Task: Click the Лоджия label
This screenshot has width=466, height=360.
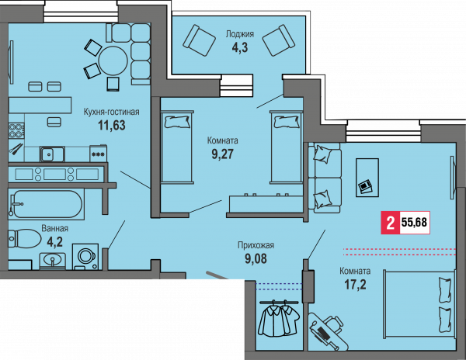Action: click(x=239, y=34)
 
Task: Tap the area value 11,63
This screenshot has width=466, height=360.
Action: click(x=112, y=125)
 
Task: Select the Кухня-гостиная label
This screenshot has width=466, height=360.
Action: click(x=111, y=112)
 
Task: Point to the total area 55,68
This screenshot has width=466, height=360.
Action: click(x=414, y=222)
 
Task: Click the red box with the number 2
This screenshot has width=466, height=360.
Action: click(x=391, y=223)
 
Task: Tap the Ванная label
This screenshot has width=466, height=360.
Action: click(x=54, y=229)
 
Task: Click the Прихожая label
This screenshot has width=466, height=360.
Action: click(x=256, y=245)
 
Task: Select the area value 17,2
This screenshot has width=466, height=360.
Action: click(x=355, y=285)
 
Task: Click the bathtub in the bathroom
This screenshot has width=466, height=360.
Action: click(x=46, y=204)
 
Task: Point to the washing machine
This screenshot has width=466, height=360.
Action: click(x=85, y=256)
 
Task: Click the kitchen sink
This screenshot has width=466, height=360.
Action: click(x=52, y=154)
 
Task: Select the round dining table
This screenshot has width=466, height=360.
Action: click(x=113, y=61)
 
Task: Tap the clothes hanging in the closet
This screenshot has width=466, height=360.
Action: click(x=279, y=318)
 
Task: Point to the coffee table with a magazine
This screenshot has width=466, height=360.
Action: click(x=367, y=178)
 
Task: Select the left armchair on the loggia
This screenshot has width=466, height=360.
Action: click(x=199, y=40)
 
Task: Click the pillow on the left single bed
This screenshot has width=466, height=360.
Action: click(x=178, y=122)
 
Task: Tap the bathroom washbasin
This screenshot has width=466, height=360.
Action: click(x=52, y=261)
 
